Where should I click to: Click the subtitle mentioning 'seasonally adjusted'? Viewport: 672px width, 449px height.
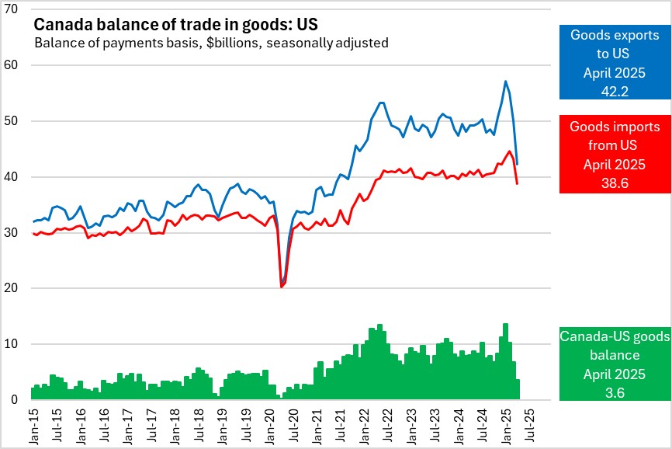tap(211, 43)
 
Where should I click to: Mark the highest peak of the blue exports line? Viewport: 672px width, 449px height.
tap(505, 81)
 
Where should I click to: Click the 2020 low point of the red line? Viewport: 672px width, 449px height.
tap(280, 287)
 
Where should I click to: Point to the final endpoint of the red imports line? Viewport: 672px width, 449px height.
tap(518, 183)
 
